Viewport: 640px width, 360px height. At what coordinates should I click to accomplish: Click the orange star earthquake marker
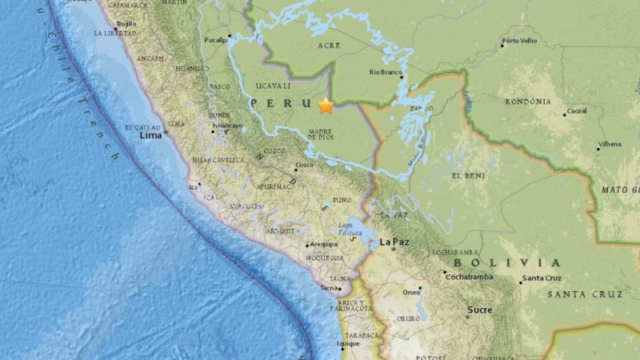[x=326, y=106]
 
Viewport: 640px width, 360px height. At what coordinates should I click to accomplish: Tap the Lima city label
[x=151, y=136]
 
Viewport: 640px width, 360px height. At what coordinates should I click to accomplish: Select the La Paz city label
[x=395, y=242]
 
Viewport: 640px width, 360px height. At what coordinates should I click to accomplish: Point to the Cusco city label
[x=304, y=166]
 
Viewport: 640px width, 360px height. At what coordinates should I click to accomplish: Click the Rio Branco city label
[x=386, y=72]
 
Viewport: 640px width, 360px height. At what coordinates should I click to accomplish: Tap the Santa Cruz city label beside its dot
[x=542, y=279]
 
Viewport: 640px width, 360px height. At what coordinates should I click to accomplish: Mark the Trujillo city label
[x=126, y=24]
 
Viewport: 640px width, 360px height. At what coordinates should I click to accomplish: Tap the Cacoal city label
[x=576, y=111]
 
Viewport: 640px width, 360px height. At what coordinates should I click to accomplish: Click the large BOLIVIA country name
[x=506, y=262]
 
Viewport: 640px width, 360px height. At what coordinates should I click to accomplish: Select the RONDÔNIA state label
[x=528, y=102]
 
